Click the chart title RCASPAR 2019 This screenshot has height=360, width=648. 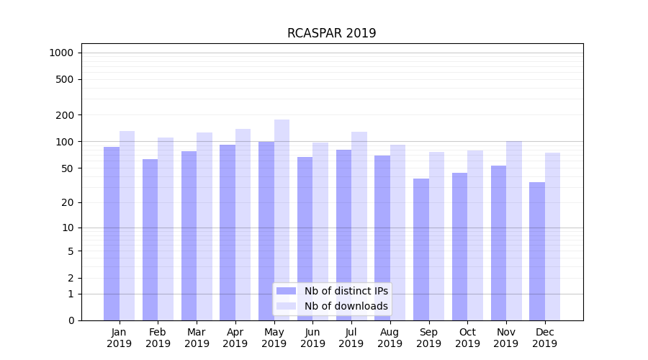[331, 33]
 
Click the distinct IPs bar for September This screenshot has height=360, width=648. [421, 249]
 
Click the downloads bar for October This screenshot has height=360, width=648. [475, 235]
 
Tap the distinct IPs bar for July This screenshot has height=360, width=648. [343, 235]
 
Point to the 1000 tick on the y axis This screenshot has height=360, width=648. [61, 53]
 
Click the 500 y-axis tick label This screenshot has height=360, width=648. [66, 79]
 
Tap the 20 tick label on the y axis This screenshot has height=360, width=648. [68, 202]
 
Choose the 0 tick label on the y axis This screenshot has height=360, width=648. [71, 320]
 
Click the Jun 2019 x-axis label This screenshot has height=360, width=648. [312, 338]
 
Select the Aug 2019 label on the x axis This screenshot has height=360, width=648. [390, 338]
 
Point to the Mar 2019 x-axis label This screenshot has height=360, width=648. [197, 338]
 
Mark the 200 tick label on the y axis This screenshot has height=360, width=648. [66, 115]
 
